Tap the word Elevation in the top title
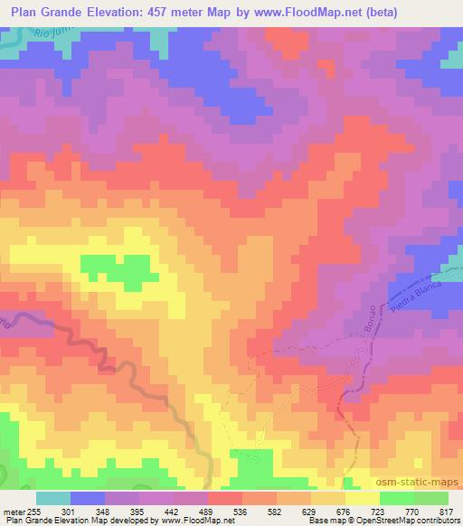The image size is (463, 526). point(109,12)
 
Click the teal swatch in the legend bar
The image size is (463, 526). point(52,498)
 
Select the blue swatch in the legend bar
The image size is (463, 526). point(88,498)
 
